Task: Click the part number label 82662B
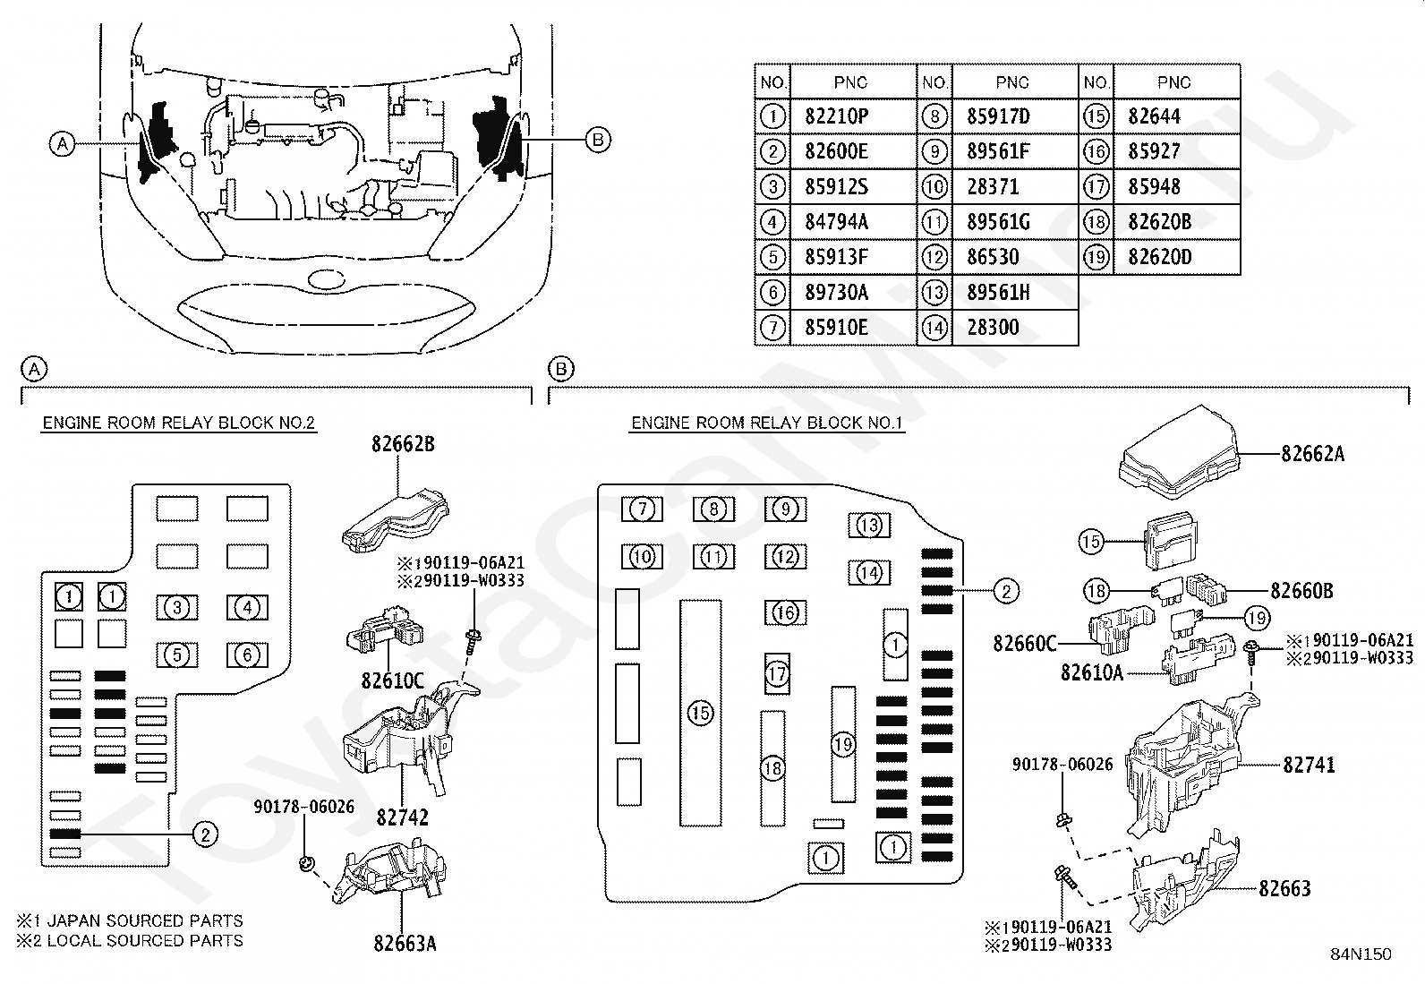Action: [403, 444]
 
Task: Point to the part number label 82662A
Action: [1312, 454]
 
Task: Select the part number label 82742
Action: [403, 817]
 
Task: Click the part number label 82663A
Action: [405, 944]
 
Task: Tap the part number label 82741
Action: [1309, 765]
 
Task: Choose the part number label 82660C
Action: [1024, 644]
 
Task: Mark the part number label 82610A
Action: [1092, 672]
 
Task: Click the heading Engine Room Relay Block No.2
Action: [179, 424]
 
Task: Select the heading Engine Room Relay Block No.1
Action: [766, 424]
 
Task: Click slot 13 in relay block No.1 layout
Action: [869, 526]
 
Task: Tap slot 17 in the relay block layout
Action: [777, 673]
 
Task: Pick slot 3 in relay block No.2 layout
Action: [177, 607]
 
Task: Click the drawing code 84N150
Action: [1361, 954]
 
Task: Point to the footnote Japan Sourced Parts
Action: [130, 920]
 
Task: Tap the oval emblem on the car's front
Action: [325, 279]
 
